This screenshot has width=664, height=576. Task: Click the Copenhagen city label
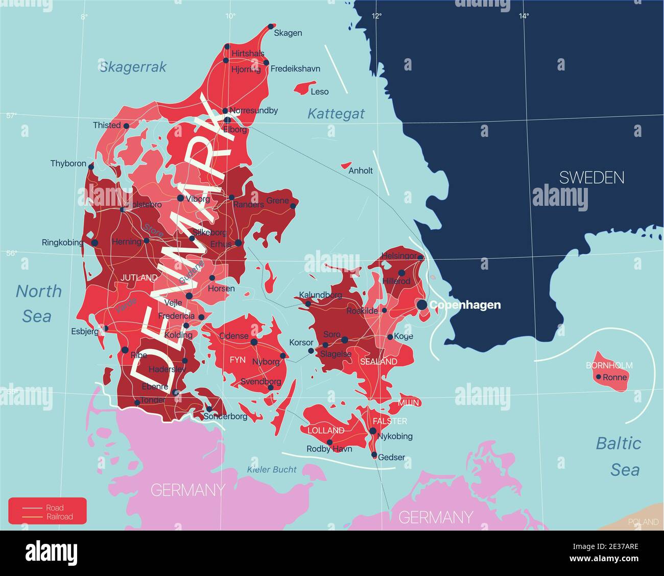click(x=465, y=305)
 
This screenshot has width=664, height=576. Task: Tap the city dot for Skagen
click(x=271, y=27)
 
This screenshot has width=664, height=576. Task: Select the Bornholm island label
click(x=609, y=365)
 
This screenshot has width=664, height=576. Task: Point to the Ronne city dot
click(x=599, y=377)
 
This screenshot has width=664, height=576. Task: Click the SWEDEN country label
click(x=591, y=178)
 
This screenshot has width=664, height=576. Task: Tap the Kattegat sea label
click(x=336, y=113)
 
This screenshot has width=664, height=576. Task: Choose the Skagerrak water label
click(x=133, y=67)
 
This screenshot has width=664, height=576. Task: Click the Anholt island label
click(x=361, y=171)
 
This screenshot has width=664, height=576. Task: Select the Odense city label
click(x=233, y=336)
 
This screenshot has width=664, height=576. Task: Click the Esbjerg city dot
click(x=106, y=328)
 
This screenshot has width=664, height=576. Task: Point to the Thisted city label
click(x=107, y=125)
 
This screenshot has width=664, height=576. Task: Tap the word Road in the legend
click(x=55, y=508)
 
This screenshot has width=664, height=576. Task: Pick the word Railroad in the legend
click(x=59, y=517)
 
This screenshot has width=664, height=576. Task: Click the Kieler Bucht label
click(x=272, y=469)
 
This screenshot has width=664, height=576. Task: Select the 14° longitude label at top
click(x=524, y=16)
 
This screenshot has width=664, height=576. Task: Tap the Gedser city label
click(x=391, y=457)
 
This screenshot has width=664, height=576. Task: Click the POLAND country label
click(x=643, y=522)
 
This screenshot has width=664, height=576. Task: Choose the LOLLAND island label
click(x=323, y=430)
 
